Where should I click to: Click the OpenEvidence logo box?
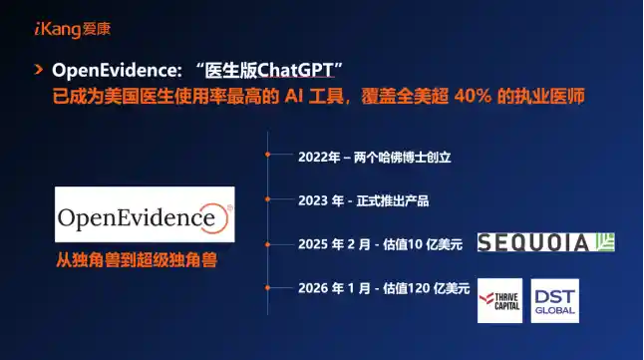145,215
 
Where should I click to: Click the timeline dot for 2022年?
268,157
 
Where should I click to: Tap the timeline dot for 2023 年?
268,200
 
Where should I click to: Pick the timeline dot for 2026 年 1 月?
268,288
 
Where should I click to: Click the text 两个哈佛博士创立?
403,157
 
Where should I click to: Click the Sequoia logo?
545,242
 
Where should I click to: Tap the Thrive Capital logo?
499,300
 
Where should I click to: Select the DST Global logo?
554,300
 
